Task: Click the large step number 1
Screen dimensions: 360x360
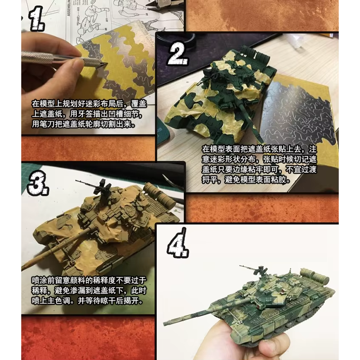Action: [x=37, y=19]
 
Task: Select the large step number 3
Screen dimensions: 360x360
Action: [x=38, y=183]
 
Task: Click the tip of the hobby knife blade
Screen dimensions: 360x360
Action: [x=107, y=64]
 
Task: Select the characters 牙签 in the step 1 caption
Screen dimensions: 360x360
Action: [x=85, y=114]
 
